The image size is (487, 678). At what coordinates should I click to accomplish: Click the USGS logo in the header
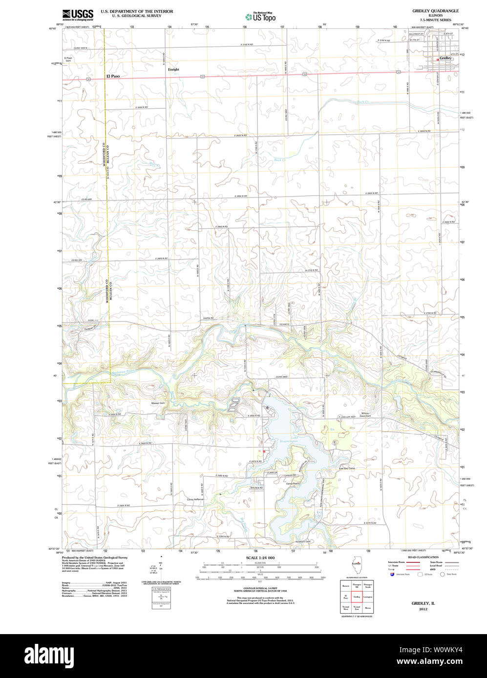pos(78,15)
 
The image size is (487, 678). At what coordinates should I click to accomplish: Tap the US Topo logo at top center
pos(260,17)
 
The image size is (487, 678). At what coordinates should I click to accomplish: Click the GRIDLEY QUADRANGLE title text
pos(435,11)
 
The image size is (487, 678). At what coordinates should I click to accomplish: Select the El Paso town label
pos(113,76)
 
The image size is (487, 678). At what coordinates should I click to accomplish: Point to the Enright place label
pos(173,69)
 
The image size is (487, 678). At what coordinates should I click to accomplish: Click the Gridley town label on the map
pos(445,58)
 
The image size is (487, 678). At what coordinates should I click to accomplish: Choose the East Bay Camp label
pos(347,468)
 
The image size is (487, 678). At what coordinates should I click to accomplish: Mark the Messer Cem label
pos(159,403)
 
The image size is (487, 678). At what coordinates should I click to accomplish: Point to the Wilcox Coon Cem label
pos(366,415)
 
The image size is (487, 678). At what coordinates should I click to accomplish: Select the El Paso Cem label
pos(68,60)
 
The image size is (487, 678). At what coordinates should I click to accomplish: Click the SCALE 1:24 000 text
pos(260,558)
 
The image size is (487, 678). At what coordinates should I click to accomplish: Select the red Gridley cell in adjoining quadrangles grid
pos(357,597)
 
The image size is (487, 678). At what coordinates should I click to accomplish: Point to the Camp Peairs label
pos(293,483)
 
